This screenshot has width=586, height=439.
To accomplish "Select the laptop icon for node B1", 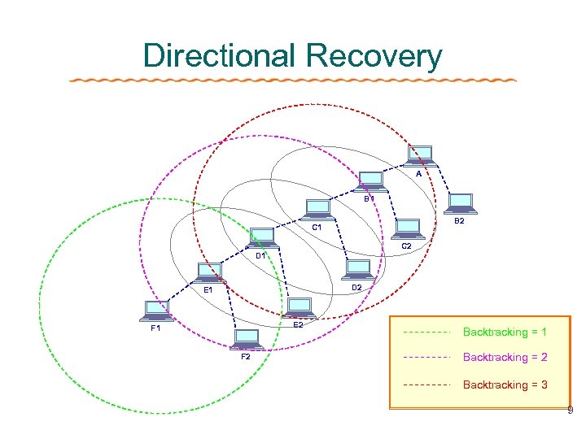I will coord(371,180).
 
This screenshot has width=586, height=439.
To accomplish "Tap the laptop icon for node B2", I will coord(461,203).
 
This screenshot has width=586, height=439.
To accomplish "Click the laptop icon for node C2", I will coord(407,228).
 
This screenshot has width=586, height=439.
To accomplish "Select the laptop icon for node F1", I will coord(155,310).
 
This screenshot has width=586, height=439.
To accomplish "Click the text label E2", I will coord(298,325).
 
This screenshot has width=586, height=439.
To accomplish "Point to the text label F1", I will coord(155,329).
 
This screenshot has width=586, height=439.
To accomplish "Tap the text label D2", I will coord(356,288).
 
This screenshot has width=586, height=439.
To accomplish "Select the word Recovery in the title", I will coord(375,56).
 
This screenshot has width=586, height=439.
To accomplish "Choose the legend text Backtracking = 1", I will coord(505,332).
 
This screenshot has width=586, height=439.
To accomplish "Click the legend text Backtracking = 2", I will coord(505,357).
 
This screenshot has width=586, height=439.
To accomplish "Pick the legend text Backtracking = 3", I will coord(505,385).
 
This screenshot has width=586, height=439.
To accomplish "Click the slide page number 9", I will coord(571,411).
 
